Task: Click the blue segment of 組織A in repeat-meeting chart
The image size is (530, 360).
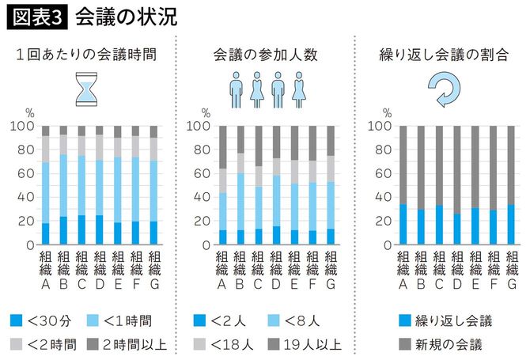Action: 403,225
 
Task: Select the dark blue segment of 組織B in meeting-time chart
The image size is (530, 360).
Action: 63,230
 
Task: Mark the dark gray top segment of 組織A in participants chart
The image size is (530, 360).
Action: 223,147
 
